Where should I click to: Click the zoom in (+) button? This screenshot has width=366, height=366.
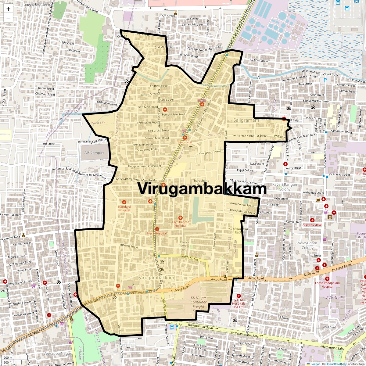pos(8,9)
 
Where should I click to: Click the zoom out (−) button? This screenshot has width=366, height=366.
pos(8,18)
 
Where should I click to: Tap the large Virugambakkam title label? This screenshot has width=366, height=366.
pos(202,188)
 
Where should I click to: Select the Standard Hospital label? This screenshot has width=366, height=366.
pos(124,208)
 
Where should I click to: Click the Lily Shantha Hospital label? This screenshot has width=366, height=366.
pos(181,224)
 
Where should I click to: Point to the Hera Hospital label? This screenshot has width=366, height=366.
pos(157,233)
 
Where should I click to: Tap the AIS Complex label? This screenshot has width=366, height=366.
pos(94,153)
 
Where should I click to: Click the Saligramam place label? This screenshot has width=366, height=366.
pos(246,120)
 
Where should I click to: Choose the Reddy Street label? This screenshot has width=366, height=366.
pos(189,258)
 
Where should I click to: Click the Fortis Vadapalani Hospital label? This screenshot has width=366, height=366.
pos(327,285)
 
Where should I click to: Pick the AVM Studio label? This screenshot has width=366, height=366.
pos(335,298)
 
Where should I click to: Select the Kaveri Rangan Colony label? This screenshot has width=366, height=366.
pos(285,187)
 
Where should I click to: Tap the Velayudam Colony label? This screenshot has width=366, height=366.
pos(307,245)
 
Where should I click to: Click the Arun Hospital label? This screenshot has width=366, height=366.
pos(312,225)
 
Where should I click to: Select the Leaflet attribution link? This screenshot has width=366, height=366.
pos(315,364)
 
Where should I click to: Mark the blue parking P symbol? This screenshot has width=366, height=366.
pos(325,80)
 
